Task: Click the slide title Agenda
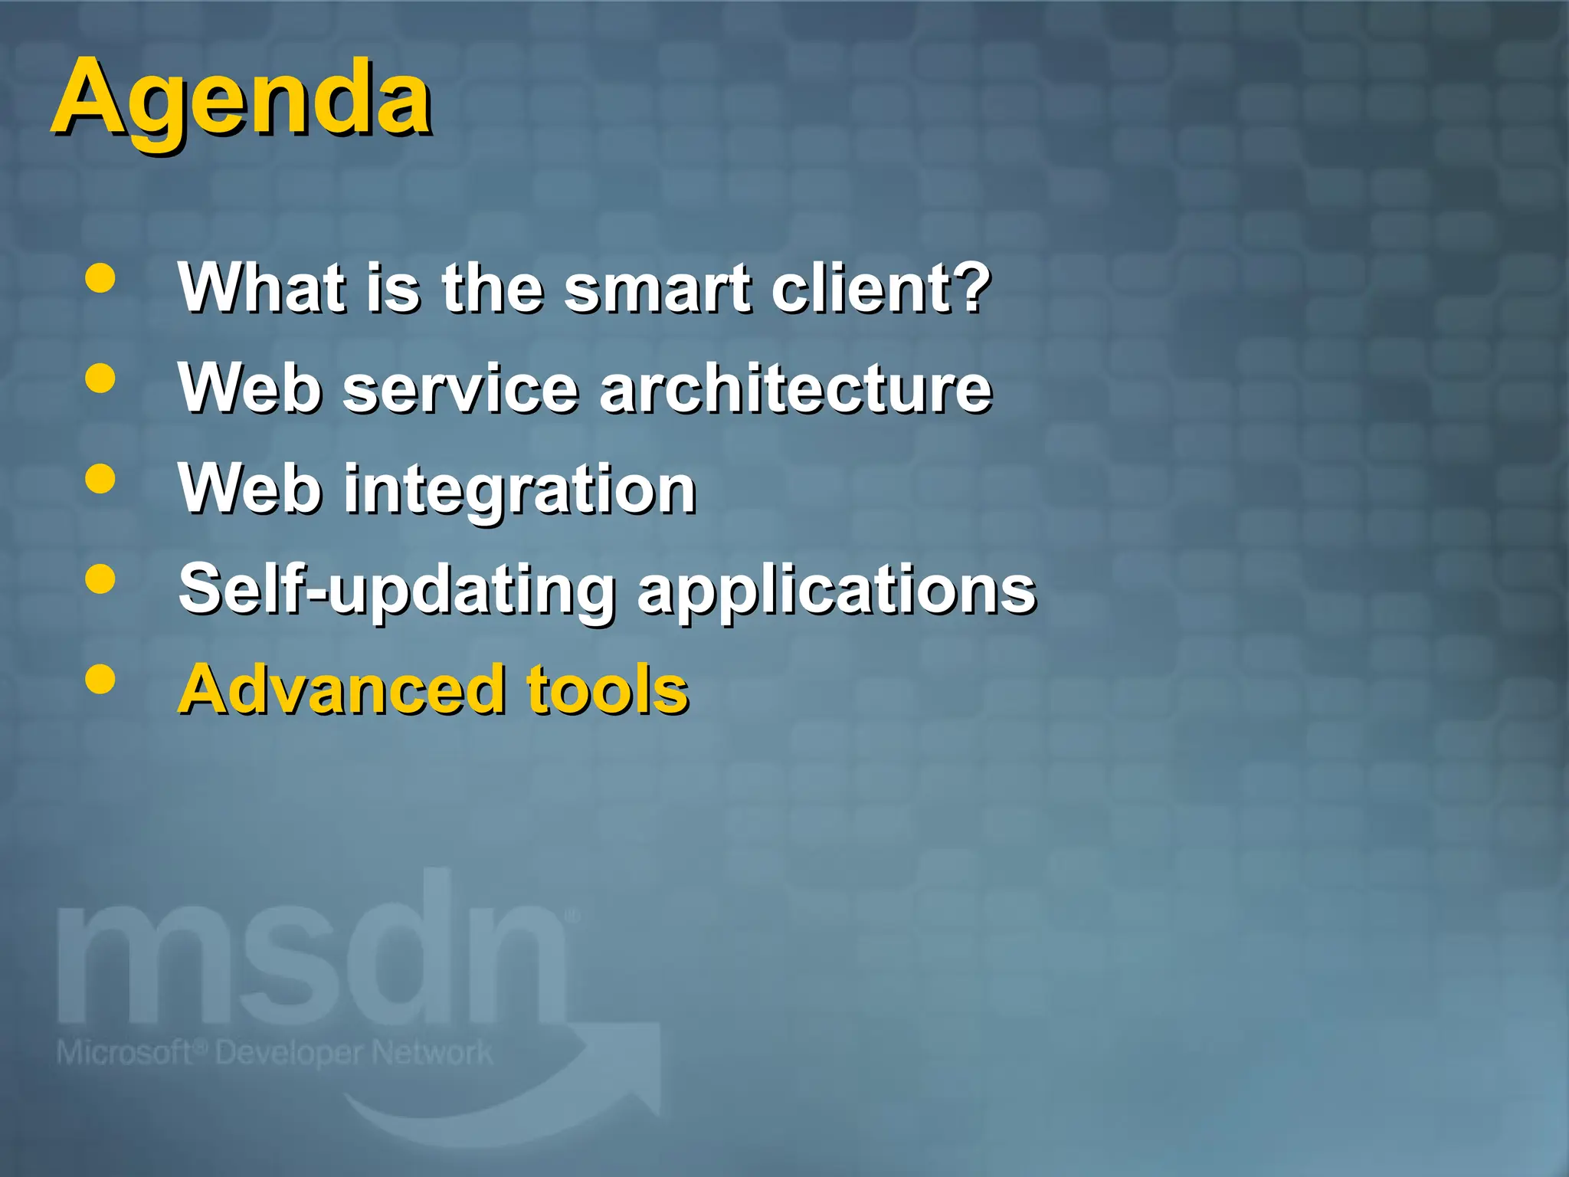click(241, 100)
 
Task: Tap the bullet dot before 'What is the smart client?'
click(100, 279)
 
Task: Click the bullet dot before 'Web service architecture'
click(100, 379)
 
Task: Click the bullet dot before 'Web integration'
click(100, 480)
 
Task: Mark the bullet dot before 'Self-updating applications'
click(100, 579)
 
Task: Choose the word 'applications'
click(837, 590)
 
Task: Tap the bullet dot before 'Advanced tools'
click(100, 679)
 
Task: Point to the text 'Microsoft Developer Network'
click(274, 1053)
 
